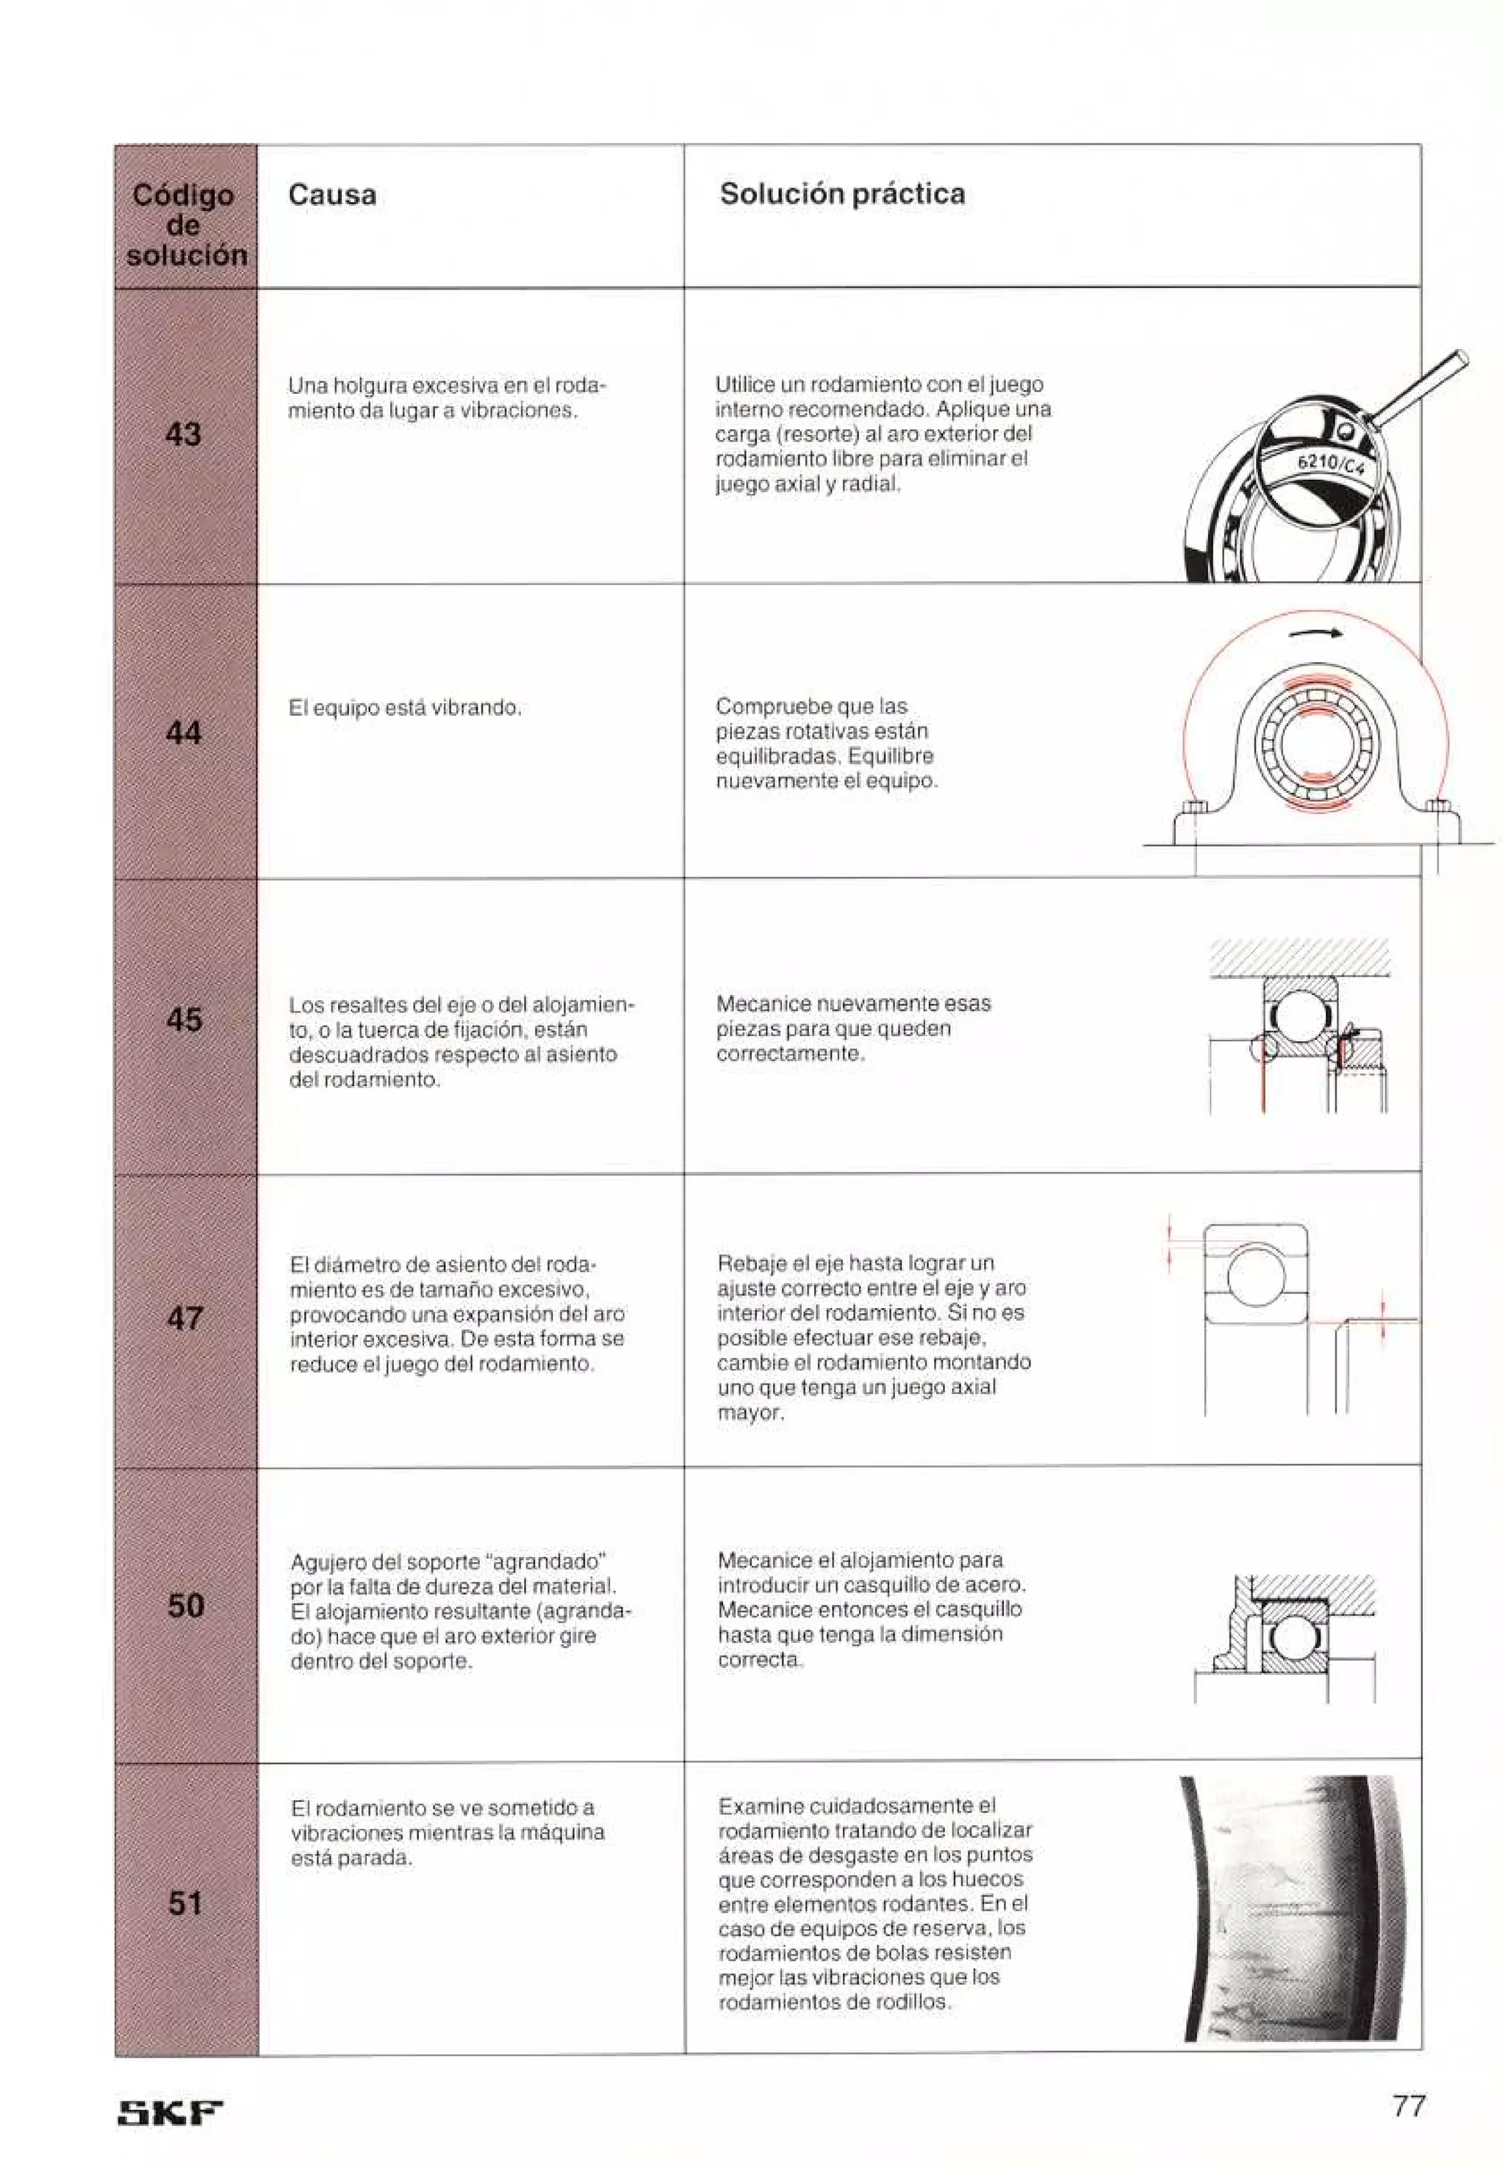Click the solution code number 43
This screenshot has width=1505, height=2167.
[183, 434]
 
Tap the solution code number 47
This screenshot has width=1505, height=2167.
[185, 1318]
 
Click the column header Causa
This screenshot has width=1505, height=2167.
[332, 195]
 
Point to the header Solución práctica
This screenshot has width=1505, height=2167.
[841, 194]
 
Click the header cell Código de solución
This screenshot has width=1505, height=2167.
[186, 224]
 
